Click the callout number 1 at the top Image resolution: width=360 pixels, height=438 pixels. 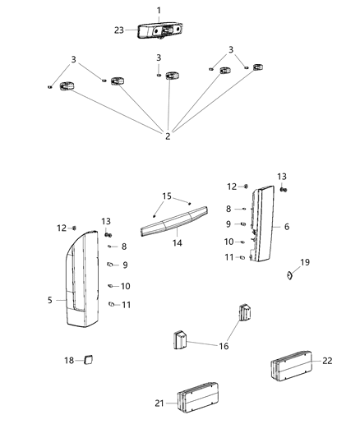click(159, 10)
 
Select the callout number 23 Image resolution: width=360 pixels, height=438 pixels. click(119, 30)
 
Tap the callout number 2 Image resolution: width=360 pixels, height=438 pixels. click(168, 136)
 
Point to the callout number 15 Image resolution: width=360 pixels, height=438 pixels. click(167, 196)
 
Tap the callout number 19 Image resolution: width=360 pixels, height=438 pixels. click(306, 262)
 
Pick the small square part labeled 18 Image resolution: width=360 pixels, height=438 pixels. click(90, 359)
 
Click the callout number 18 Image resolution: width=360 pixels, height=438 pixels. click(69, 360)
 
